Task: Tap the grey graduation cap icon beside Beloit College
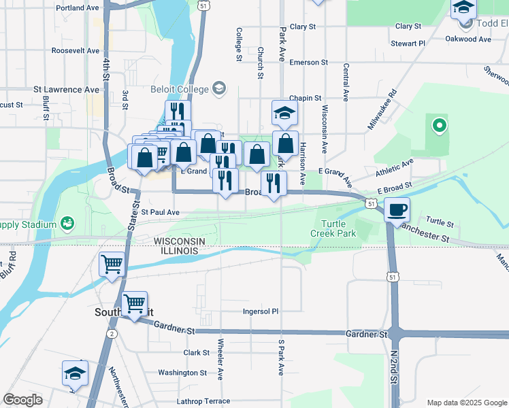(x=219, y=88)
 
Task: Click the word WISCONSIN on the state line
(x=184, y=241)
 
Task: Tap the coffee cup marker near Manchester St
(x=397, y=209)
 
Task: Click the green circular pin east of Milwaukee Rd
(x=439, y=125)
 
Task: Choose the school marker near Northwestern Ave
(x=76, y=373)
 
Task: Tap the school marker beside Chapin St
(x=285, y=113)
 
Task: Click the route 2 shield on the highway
(x=111, y=333)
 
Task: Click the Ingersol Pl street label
(x=261, y=311)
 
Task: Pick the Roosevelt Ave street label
(x=75, y=51)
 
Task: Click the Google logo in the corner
(x=22, y=400)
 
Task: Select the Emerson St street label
(x=308, y=63)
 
